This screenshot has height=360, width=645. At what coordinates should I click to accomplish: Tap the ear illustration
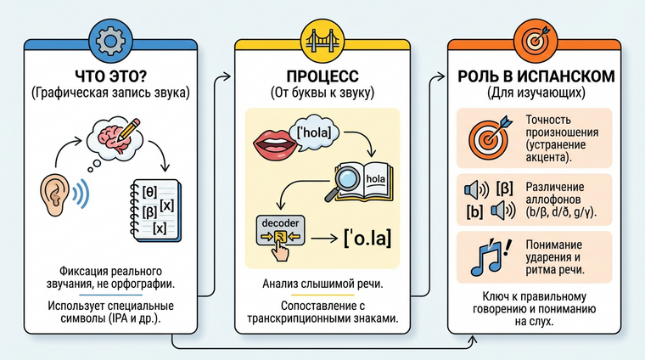click(55, 194)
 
